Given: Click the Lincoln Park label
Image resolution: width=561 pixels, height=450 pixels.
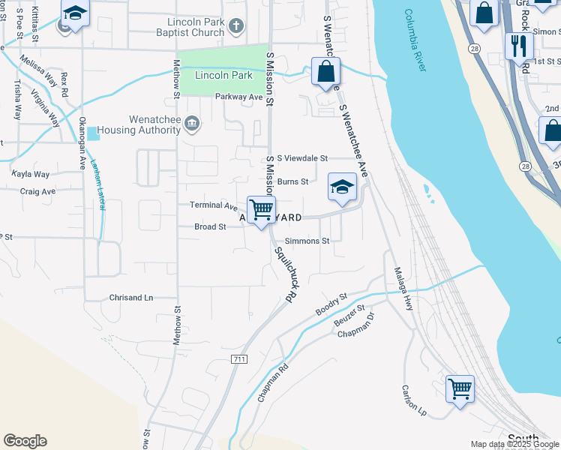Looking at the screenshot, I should pyautogui.click(x=223, y=76).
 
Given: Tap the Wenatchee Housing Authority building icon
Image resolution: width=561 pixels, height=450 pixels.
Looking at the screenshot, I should pyautogui.click(x=193, y=123).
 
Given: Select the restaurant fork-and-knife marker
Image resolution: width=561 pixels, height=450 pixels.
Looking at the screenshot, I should pyautogui.click(x=517, y=47).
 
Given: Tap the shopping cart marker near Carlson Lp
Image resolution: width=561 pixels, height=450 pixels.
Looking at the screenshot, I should pyautogui.click(x=460, y=388).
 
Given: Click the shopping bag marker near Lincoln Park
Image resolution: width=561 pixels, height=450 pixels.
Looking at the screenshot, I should pyautogui.click(x=325, y=72).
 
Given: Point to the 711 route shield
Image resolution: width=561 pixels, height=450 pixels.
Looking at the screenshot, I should pyautogui.click(x=239, y=360).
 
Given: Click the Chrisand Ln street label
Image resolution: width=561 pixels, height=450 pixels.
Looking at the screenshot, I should pyautogui.click(x=131, y=298).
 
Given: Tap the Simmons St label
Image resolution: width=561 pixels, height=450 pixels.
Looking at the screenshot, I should pyautogui.click(x=305, y=241).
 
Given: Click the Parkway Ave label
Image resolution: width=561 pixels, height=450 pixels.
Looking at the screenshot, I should pyautogui.click(x=239, y=97).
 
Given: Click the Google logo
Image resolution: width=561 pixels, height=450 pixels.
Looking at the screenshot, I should pyautogui.click(x=25, y=441).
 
